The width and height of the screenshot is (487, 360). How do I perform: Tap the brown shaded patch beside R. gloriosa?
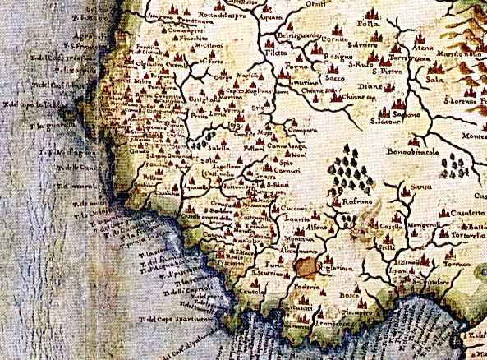coord(310,265)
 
